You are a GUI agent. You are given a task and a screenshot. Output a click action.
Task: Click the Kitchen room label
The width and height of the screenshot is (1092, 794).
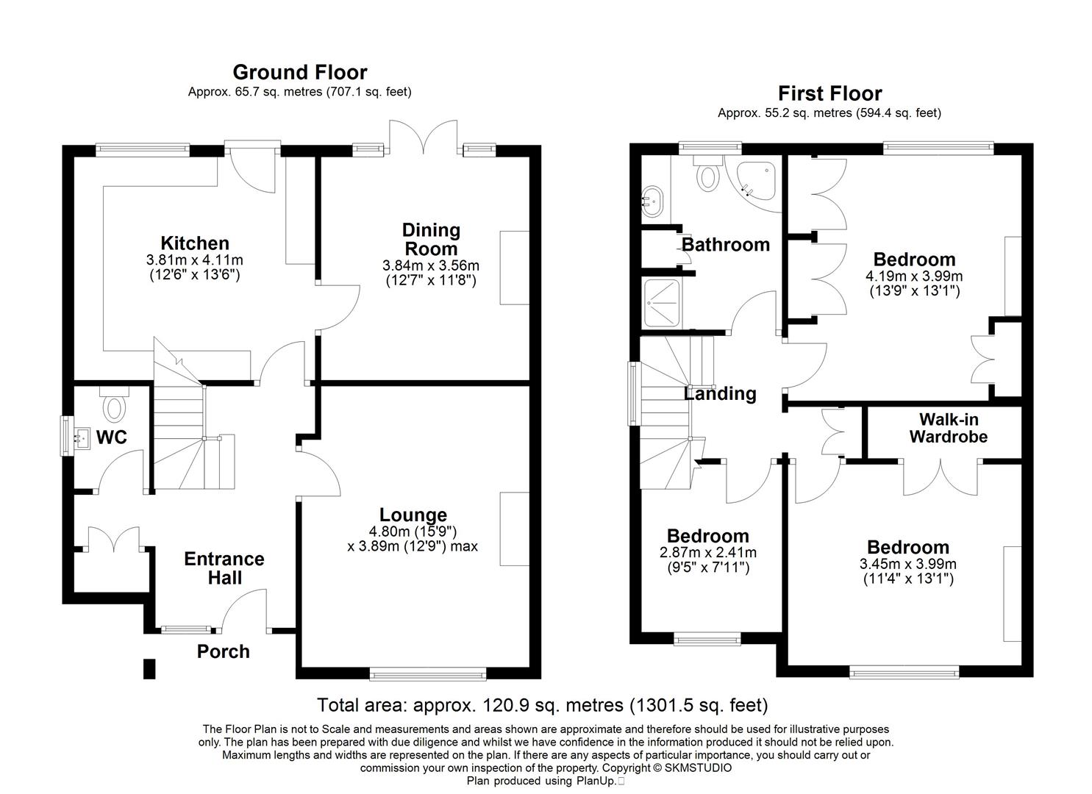[195, 243]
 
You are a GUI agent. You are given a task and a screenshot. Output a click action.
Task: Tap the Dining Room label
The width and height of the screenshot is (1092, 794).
[431, 239]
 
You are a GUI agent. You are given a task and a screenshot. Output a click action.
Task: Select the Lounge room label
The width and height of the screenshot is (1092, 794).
[413, 515]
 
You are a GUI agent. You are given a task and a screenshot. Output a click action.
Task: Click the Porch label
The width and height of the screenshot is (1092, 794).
[223, 651]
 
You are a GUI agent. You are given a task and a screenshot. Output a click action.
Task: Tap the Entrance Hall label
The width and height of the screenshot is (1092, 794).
[224, 568]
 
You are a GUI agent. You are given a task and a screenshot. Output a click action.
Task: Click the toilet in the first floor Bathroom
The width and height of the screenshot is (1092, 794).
[708, 174]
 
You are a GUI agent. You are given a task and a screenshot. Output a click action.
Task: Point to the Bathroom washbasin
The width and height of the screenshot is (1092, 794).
[652, 199]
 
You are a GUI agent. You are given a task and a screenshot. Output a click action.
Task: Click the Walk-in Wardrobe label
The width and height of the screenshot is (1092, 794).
[948, 428]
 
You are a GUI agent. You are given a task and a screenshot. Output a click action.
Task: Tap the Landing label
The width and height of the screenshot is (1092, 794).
[720, 394]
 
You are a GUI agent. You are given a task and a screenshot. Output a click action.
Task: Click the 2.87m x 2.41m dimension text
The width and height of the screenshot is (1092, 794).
[707, 553]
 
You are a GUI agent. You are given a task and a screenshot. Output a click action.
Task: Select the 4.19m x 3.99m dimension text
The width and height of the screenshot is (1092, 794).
[914, 276]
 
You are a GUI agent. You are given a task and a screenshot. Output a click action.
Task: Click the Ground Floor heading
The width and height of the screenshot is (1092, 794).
[299, 72]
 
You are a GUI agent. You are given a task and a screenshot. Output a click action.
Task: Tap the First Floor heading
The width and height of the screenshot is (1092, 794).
[829, 93]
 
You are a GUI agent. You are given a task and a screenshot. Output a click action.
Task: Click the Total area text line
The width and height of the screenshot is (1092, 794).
[542, 705]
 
